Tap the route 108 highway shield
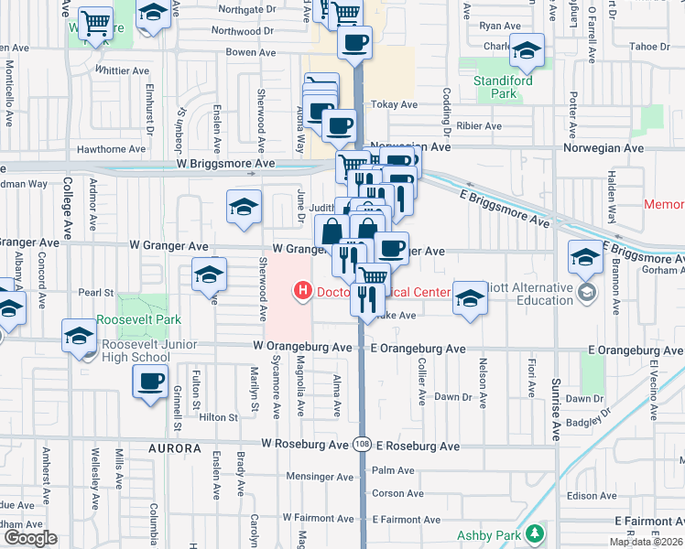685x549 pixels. coord(362,444)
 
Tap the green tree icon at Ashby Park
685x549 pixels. coord(534,534)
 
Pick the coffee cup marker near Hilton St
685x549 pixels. coord(149,381)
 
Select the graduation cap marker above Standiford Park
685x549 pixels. coord(527,50)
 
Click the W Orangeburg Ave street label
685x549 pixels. coord(303,348)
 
